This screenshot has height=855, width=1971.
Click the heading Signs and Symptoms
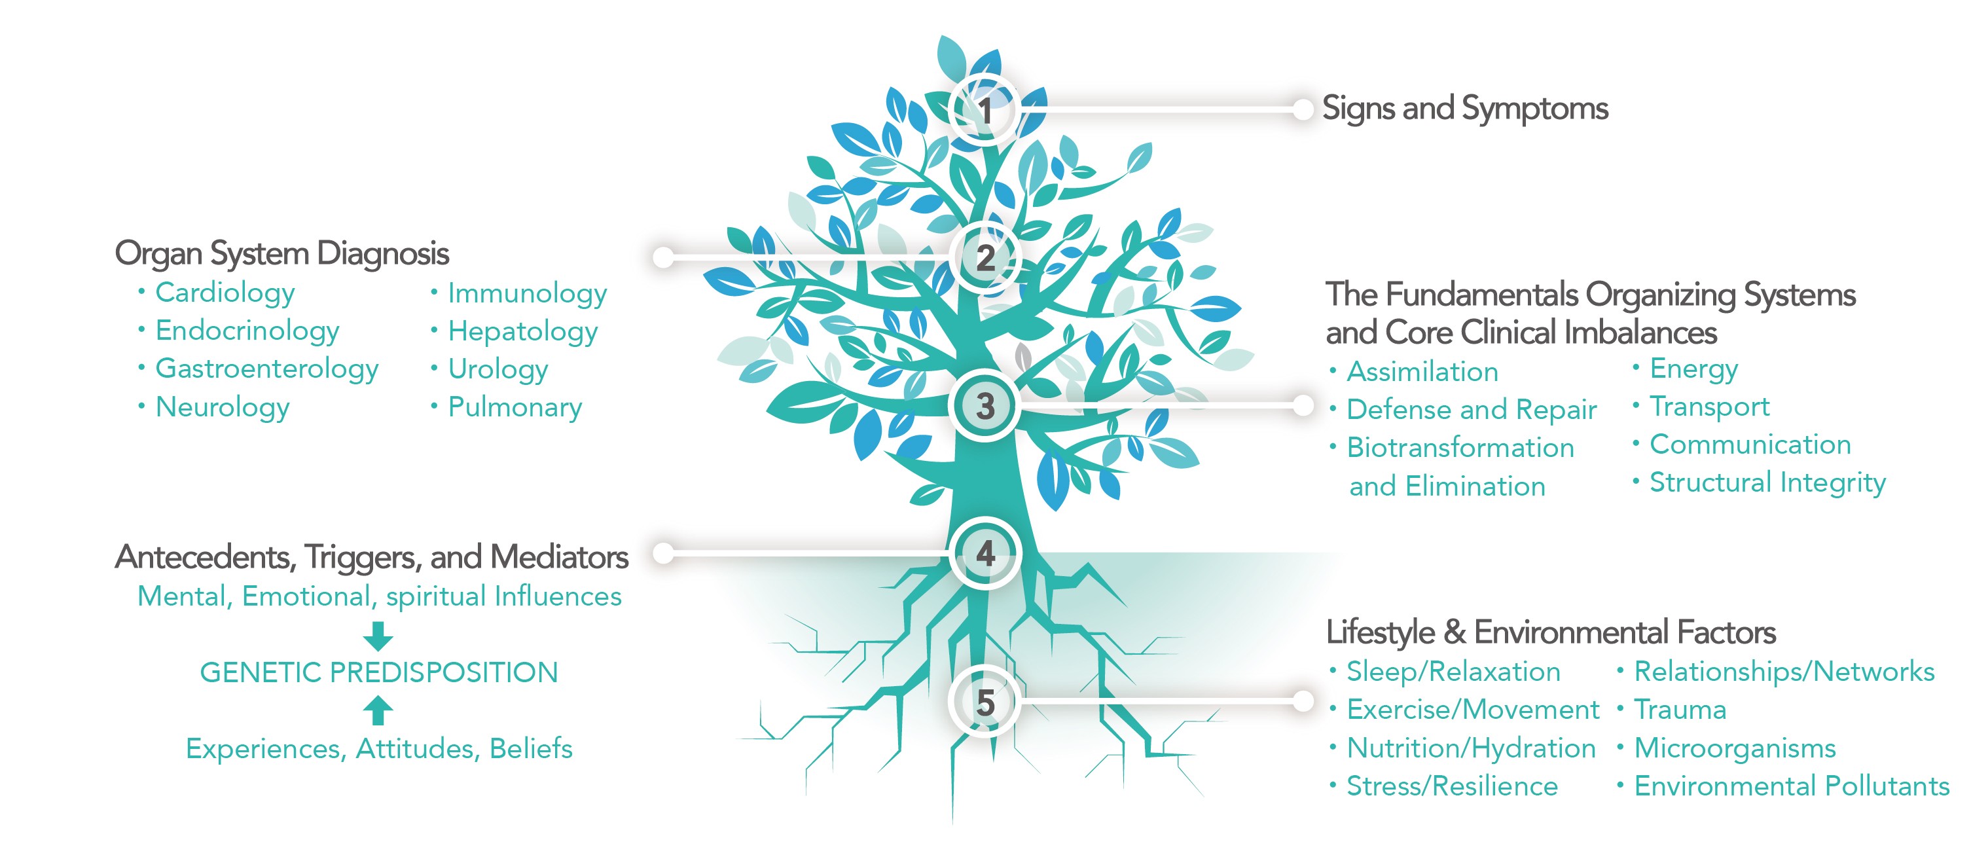1464,109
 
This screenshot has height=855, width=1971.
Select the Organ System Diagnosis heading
281,254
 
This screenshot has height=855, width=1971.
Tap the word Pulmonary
515,407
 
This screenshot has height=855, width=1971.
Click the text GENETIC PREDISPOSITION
379,673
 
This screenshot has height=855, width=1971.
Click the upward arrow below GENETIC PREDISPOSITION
378,710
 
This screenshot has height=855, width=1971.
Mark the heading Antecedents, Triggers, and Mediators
372,557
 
